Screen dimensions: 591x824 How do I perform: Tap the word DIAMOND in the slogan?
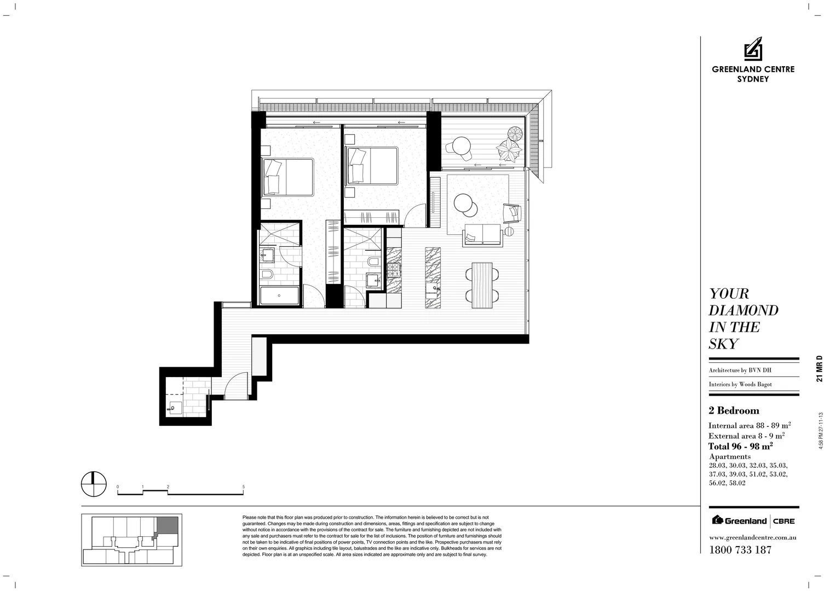pos(743,310)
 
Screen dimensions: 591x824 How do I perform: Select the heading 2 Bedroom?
pos(734,410)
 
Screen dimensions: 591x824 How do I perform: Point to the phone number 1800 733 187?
pos(740,550)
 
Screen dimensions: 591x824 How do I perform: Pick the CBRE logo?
pos(784,520)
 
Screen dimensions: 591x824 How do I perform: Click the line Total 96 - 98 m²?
pos(740,446)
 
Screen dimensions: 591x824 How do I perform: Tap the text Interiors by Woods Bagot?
pos(740,384)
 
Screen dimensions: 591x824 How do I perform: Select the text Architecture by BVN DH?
pos(739,370)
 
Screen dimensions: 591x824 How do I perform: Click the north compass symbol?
pos(93,484)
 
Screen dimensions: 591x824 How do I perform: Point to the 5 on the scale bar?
pos(243,486)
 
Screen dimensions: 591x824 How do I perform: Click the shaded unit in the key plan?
pos(168,525)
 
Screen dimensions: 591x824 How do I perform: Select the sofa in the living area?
pos(482,235)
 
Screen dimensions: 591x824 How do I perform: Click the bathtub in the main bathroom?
pos(279,296)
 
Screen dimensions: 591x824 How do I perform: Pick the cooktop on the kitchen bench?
pos(394,269)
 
